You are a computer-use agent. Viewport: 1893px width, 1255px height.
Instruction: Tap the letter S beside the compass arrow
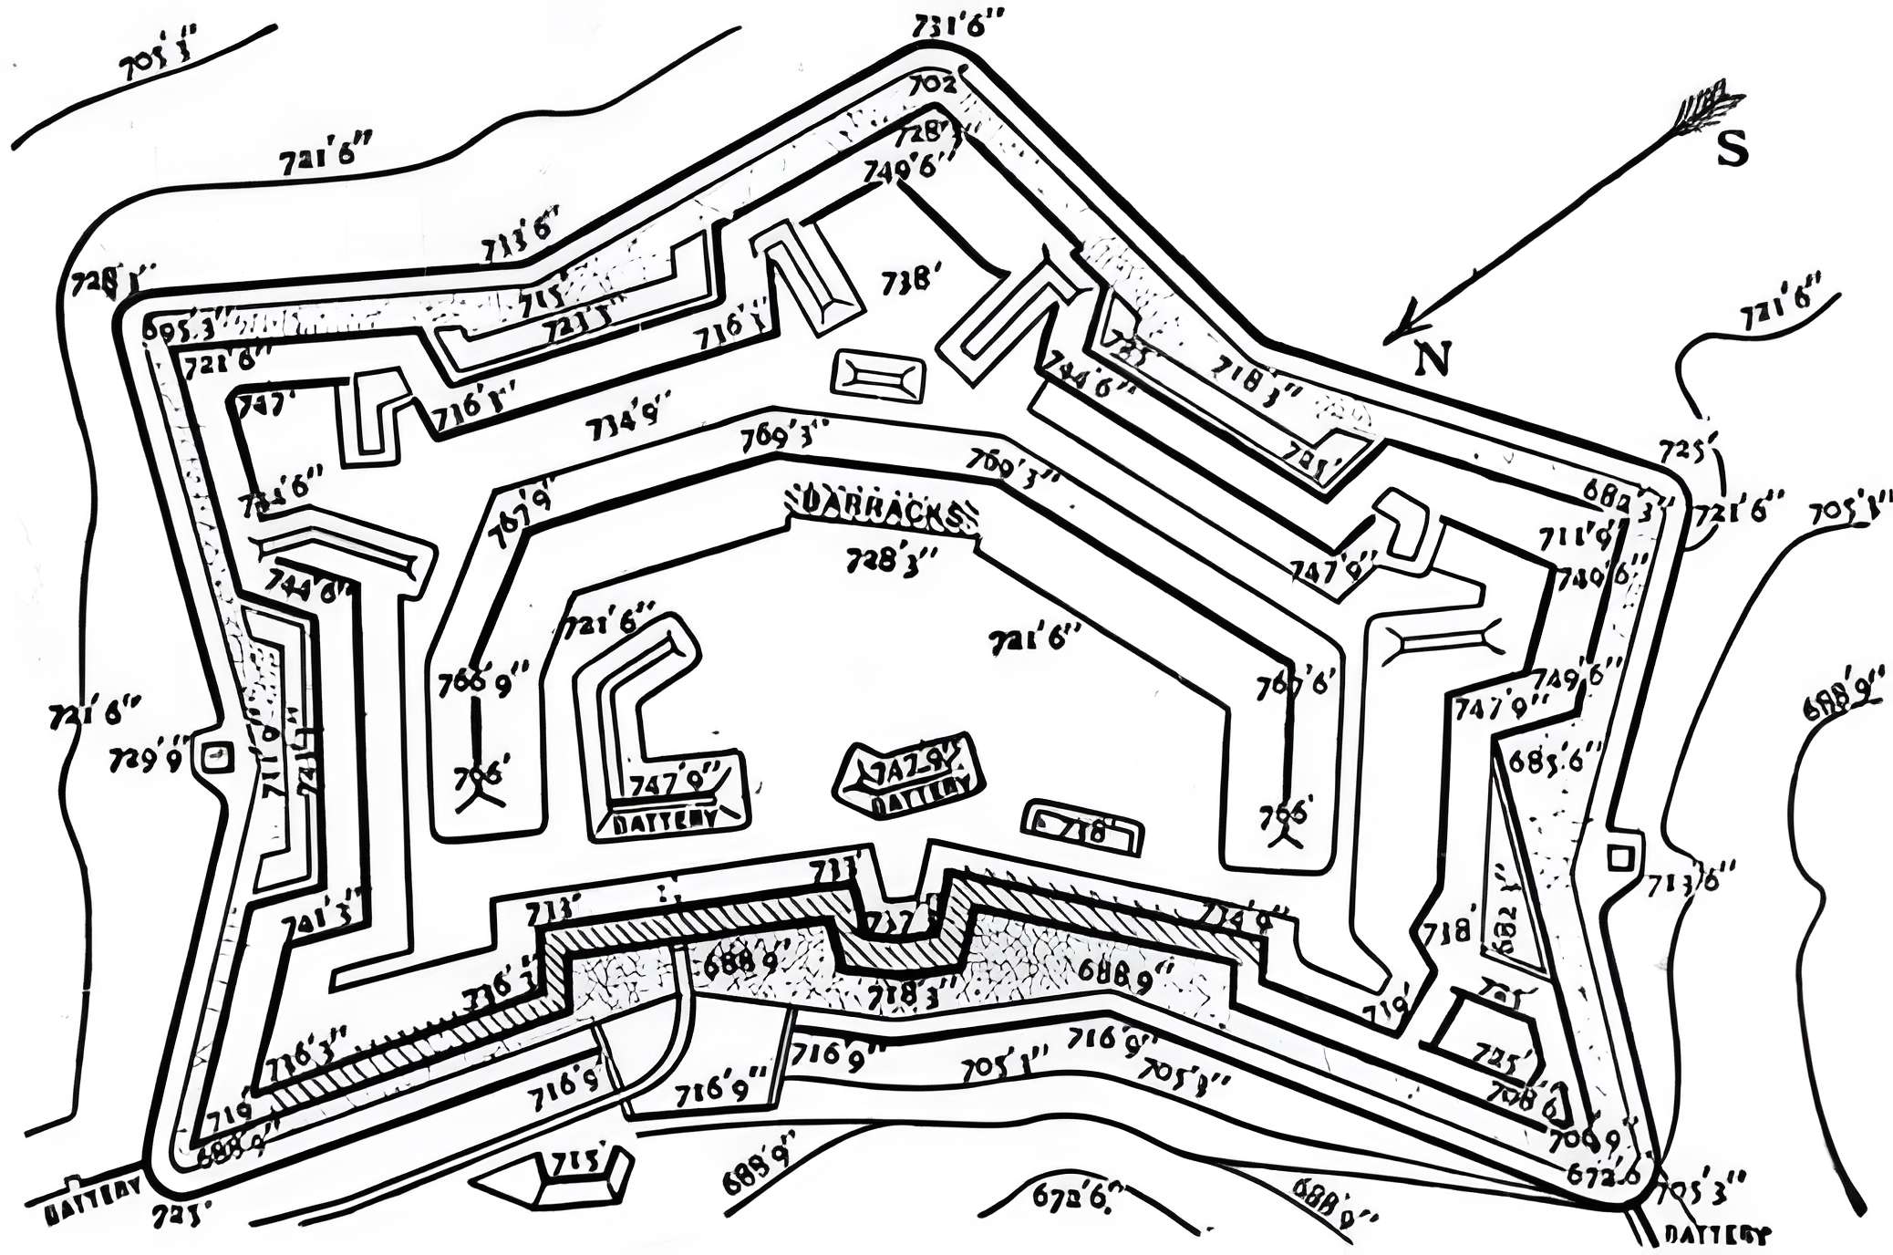(x=1732, y=150)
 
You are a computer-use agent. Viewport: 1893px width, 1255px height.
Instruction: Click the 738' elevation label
(x=907, y=279)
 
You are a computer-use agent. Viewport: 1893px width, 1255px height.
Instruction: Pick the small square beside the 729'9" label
(x=215, y=755)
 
